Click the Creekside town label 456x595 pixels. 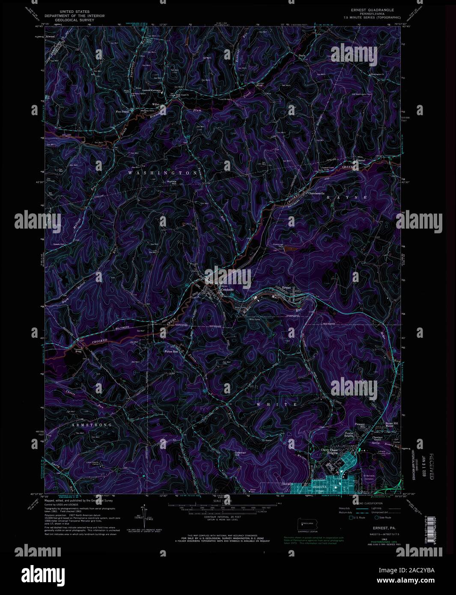(x=227, y=290)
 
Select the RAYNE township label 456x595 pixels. (x=347, y=197)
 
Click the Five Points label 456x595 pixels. (x=122, y=111)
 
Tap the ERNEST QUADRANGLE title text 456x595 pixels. (x=371, y=9)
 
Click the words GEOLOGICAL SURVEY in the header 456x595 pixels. (x=72, y=20)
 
